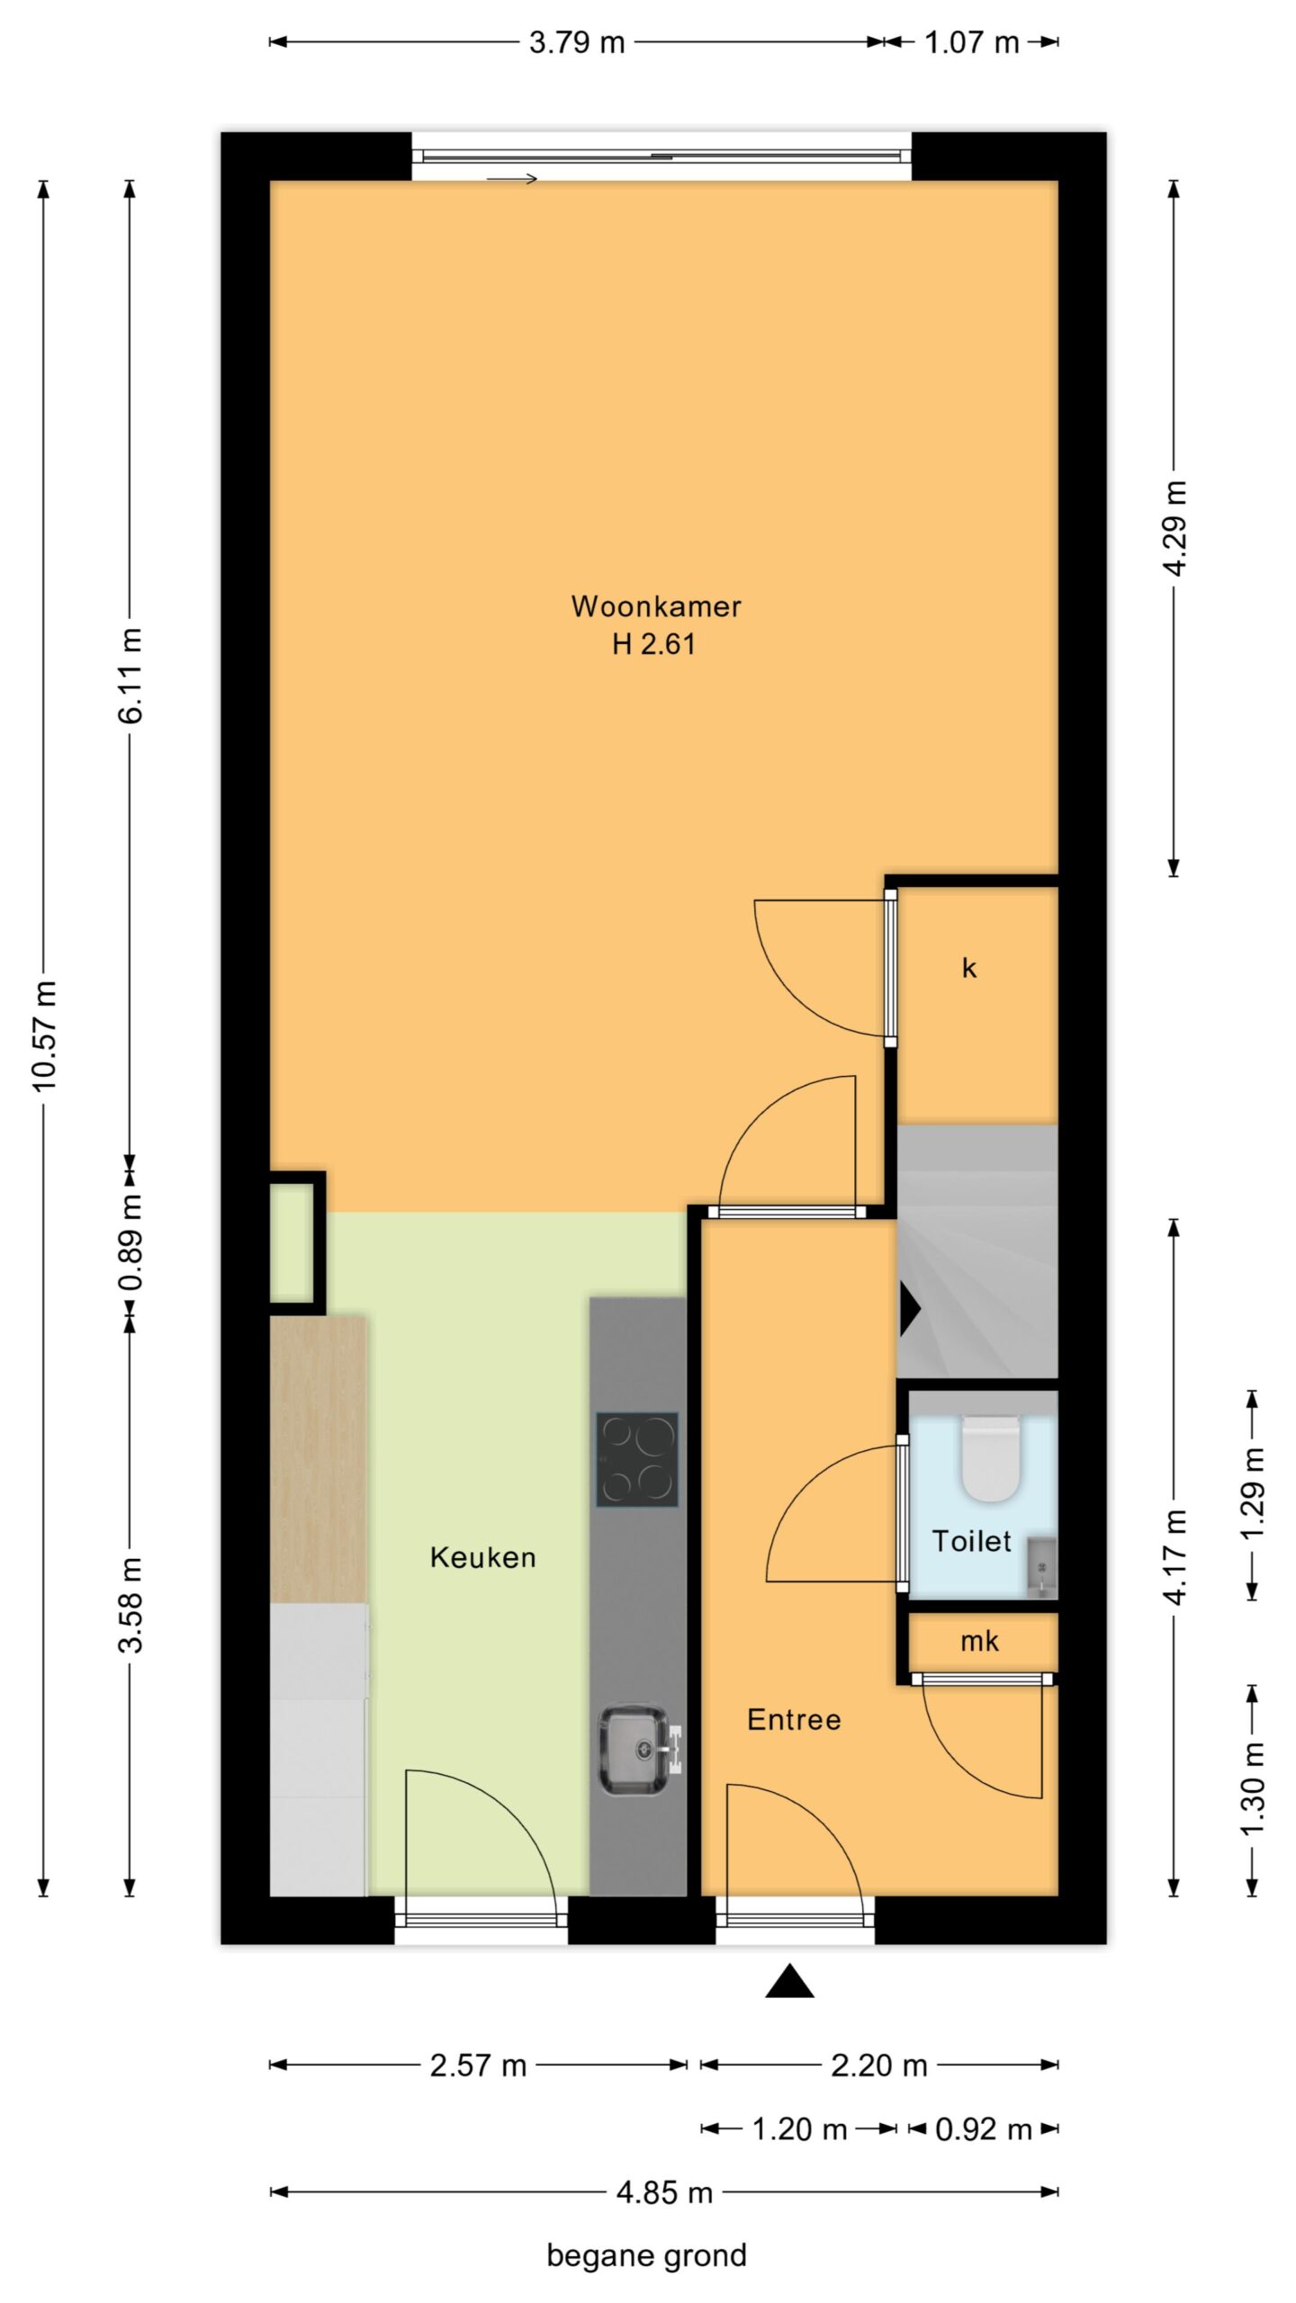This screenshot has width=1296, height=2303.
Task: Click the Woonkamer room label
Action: tap(655, 605)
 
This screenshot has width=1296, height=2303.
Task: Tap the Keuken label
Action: tap(482, 1557)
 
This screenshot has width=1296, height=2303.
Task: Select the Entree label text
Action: tap(794, 1719)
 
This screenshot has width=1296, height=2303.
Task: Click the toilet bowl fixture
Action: tap(990, 1458)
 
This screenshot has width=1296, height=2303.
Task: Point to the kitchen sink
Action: tap(635, 1750)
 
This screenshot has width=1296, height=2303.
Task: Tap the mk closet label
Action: tap(979, 1642)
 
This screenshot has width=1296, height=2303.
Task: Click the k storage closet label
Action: tap(969, 967)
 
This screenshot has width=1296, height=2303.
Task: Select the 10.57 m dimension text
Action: tap(44, 1036)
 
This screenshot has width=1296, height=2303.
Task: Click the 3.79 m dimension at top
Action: tap(577, 42)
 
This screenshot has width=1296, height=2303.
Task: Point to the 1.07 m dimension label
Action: tap(972, 42)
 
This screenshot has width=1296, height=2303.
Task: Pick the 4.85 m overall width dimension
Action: tap(664, 2192)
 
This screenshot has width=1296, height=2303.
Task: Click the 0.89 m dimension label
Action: tap(130, 1243)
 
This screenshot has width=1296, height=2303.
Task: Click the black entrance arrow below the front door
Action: tap(789, 1981)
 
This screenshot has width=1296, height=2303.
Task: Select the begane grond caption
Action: tap(646, 2255)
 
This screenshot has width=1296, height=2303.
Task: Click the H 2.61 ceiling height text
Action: tap(653, 644)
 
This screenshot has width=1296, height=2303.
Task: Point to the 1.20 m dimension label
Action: tap(799, 2129)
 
